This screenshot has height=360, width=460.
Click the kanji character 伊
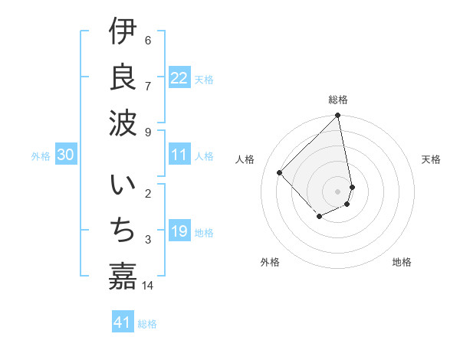click(x=123, y=33)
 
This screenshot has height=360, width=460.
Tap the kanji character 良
click(x=123, y=77)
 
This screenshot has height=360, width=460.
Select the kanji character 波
click(x=123, y=123)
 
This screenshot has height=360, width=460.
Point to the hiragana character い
click(x=123, y=187)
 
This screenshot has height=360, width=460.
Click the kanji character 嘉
click(x=123, y=276)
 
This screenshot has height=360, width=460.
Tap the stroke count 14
click(x=148, y=286)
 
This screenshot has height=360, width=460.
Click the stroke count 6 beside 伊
click(x=148, y=41)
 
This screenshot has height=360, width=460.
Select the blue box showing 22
click(x=179, y=78)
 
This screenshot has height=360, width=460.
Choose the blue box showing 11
click(x=179, y=155)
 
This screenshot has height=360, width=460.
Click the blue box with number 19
click(x=179, y=231)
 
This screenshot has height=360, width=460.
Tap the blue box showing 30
click(x=65, y=155)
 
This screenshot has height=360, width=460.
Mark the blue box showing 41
click(x=123, y=322)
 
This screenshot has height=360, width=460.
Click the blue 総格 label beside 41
click(x=147, y=324)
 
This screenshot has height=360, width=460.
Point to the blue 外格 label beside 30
click(x=41, y=156)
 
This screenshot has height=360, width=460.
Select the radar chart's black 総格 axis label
click(x=338, y=100)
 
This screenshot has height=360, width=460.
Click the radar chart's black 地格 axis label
click(x=402, y=262)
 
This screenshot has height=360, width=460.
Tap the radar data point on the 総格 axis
click(x=338, y=116)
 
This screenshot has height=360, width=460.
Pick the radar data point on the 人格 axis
click(x=280, y=172)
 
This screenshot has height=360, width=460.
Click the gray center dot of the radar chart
click(x=338, y=191)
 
